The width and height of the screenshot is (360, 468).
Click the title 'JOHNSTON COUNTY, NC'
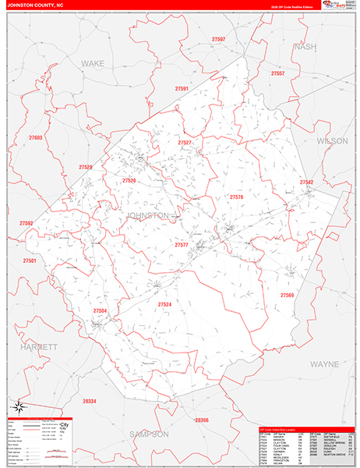[35, 4]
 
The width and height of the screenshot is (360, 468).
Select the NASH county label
[306, 47]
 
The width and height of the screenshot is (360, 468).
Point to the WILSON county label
[332, 140]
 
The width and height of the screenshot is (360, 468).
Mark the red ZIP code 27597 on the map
[218, 39]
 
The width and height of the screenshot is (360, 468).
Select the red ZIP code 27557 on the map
[277, 73]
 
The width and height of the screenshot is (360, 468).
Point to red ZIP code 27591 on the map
[182, 90]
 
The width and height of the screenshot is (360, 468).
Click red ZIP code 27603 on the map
[35, 138]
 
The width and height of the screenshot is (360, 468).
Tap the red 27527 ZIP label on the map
[185, 144]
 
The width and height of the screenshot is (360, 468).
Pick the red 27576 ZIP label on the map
[236, 197]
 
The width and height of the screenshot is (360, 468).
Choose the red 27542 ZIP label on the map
[306, 183]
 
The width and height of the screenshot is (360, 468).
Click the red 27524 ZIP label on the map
[164, 304]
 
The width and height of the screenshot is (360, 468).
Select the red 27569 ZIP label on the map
[287, 296]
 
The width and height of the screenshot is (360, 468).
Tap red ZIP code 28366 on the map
[202, 420]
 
